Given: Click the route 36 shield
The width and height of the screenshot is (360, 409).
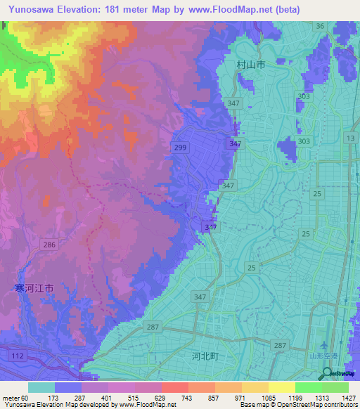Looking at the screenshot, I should click(x=320, y=26).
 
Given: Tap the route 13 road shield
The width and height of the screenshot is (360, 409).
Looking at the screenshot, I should click(x=349, y=138).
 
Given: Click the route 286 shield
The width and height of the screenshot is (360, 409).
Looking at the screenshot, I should click(x=49, y=245).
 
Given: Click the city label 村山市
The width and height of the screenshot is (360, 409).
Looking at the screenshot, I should click(x=250, y=65).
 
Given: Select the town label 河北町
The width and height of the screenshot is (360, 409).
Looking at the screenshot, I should click(x=205, y=357).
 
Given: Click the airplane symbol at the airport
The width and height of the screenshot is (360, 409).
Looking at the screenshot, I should click(x=324, y=346).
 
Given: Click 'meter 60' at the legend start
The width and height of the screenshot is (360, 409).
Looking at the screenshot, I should click(x=15, y=398).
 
